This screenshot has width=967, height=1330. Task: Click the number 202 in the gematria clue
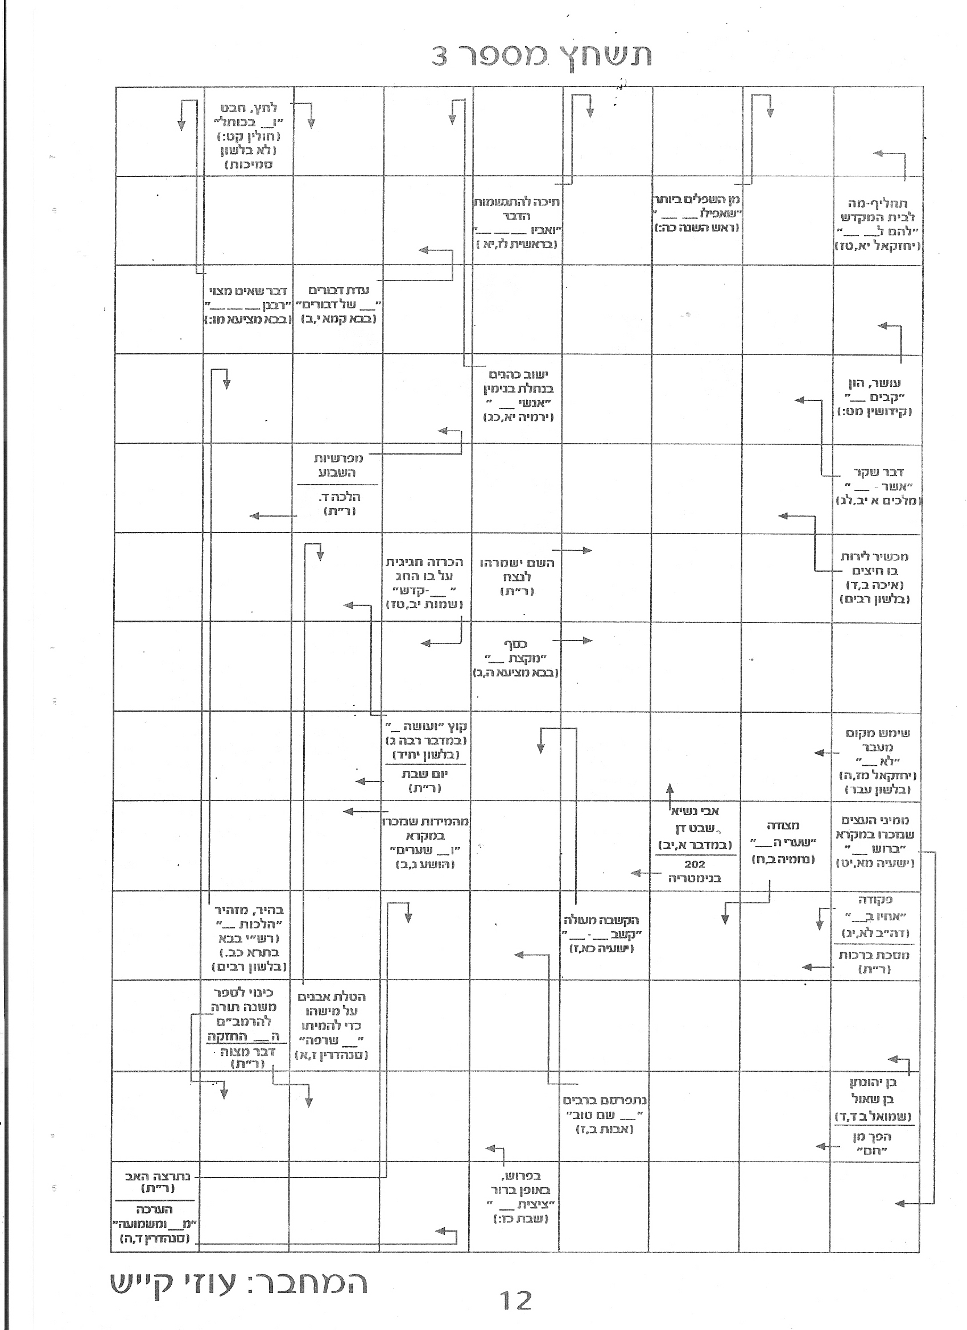(x=695, y=864)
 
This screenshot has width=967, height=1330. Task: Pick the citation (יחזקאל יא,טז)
(x=877, y=246)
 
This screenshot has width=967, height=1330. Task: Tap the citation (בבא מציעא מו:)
(x=248, y=320)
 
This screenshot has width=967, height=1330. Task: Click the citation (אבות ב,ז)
(x=605, y=1129)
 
